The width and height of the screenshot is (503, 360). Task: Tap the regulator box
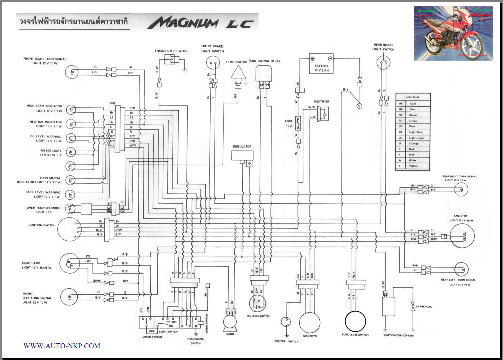[x=243, y=155]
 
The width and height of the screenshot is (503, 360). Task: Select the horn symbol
[x=230, y=320]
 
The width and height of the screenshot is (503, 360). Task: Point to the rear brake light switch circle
[x=383, y=62]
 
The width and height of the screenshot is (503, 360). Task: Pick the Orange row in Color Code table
[x=413, y=143]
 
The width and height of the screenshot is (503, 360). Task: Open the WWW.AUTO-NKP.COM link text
[x=62, y=346]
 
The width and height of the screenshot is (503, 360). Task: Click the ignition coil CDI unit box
[x=389, y=305]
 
